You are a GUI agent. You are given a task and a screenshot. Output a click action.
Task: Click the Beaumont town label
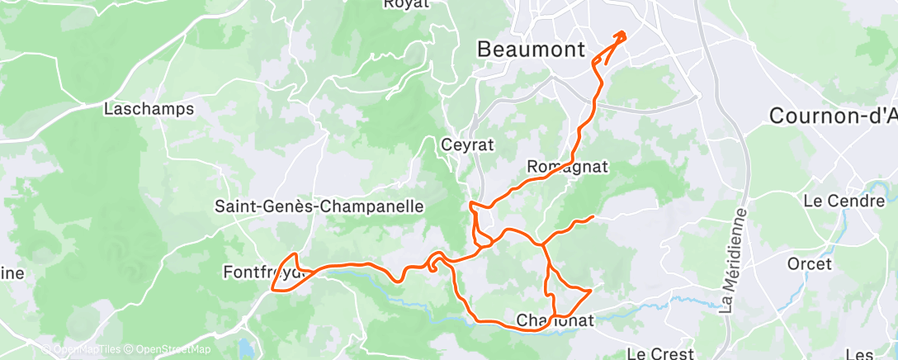pyautogui.click(x=532, y=50)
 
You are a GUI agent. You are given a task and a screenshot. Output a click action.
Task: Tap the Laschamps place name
pyautogui.click(x=149, y=109)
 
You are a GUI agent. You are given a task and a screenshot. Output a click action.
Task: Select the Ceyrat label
pyautogui.click(x=467, y=145)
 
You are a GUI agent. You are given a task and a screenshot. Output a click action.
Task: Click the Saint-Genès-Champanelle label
pyautogui.click(x=319, y=206)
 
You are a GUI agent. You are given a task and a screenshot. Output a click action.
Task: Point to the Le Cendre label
pyautogui.click(x=839, y=201)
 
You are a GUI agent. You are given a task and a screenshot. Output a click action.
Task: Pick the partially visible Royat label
pyautogui.click(x=406, y=4)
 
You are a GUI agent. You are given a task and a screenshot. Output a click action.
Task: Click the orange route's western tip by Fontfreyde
pyautogui.click(x=273, y=288)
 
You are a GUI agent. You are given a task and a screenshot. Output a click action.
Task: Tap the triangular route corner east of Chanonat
pyautogui.click(x=590, y=290)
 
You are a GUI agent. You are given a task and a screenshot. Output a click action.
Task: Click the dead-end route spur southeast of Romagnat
pyautogui.click(x=592, y=217)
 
